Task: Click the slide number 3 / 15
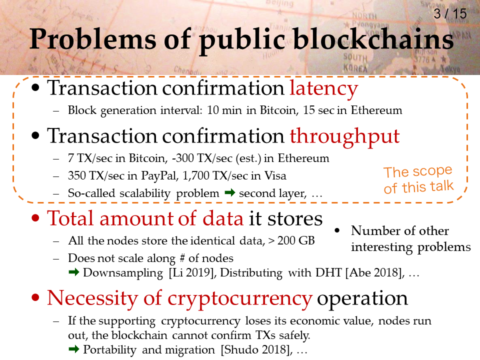click(x=450, y=14)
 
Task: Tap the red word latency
click(x=324, y=88)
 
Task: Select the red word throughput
click(x=344, y=136)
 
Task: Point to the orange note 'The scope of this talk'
click(x=418, y=179)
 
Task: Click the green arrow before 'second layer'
click(x=229, y=193)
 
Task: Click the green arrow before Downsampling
click(x=74, y=272)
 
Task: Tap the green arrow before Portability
click(x=74, y=349)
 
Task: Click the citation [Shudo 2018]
click(x=256, y=350)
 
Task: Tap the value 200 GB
click(x=296, y=240)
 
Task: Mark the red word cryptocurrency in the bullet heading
click(x=240, y=298)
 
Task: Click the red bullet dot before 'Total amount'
click(x=35, y=218)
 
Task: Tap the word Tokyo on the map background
click(x=450, y=69)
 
